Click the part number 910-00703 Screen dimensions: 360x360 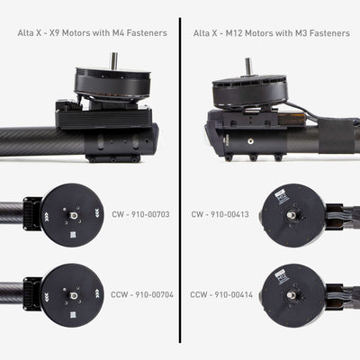[x=150, y=214]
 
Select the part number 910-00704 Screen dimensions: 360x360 [x=154, y=295]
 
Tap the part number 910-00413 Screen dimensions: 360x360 [x=229, y=214]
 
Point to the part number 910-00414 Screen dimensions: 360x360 [x=234, y=295]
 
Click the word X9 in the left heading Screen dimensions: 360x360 [x=54, y=33]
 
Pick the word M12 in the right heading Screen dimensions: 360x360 [x=233, y=33]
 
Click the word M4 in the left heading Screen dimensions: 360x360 [x=118, y=33]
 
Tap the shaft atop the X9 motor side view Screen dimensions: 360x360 [x=114, y=60]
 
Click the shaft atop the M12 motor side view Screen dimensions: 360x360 [x=248, y=66]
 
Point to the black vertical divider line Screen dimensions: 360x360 [x=180, y=180]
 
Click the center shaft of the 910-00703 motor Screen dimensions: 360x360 [x=74, y=215]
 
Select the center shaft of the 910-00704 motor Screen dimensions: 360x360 [x=74, y=295]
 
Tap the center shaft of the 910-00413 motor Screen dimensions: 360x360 [x=291, y=215]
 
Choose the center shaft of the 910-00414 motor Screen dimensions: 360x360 [x=291, y=295]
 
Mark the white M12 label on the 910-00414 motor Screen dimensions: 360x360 [x=282, y=276]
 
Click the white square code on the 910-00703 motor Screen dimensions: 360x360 [x=73, y=234]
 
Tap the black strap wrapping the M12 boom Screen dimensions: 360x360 [x=337, y=136]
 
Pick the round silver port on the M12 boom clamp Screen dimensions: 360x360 [x=249, y=140]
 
